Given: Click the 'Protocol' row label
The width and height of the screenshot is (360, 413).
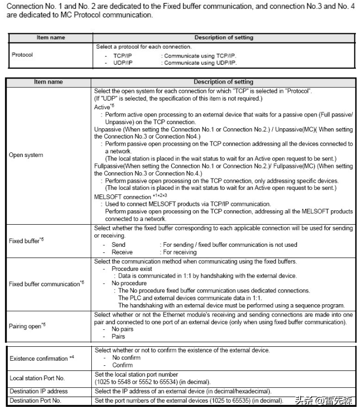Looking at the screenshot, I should pos(22,53).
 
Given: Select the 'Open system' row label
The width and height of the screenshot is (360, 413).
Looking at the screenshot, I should pos(26,155).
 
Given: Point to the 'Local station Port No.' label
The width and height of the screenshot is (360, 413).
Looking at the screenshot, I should pos(37,378).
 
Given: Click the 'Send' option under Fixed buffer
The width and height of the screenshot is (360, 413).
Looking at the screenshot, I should pos(118,245).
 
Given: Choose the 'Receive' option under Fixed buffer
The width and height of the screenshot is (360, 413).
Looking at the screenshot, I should pos(122,252).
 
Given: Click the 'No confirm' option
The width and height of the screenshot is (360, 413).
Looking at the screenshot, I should pos(126,358).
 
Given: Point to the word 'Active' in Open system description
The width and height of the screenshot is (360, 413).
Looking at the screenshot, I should pos(103,107).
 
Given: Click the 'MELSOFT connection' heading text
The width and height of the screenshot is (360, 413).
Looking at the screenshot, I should pos(122,196).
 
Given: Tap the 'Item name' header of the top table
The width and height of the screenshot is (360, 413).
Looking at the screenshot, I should pos(50,37).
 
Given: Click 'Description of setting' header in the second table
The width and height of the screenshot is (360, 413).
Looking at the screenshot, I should pos(223,82).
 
